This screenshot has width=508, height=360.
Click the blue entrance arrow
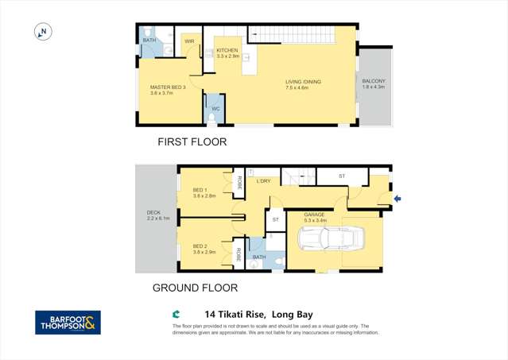tap(397, 199)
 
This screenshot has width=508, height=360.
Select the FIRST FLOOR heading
tap(192, 142)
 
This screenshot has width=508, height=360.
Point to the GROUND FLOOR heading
tap(195, 288)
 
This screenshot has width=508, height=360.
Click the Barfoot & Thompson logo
tap(68, 322)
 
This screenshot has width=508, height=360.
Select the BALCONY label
tap(374, 82)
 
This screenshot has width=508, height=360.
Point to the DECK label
tap(153, 214)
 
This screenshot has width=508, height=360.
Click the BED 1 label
tap(199, 191)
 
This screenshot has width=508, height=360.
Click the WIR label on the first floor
tap(189, 41)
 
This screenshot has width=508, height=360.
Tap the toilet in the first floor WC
tap(212, 118)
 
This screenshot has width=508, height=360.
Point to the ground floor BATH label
tap(258, 257)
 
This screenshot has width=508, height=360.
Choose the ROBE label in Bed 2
tap(238, 254)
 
